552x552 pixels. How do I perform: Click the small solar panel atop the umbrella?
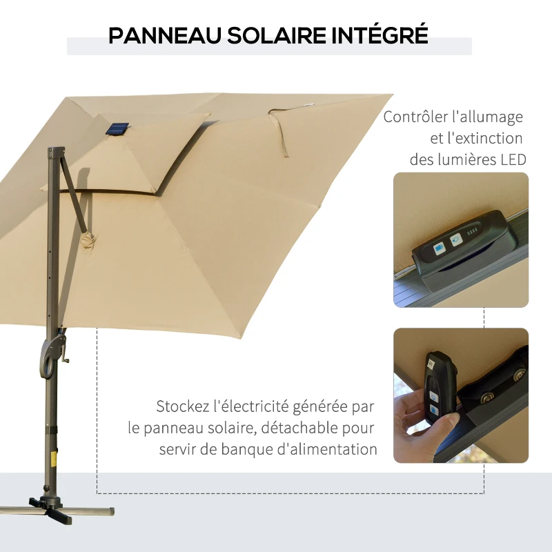[x=118, y=129]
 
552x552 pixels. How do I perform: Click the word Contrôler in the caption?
[x=416, y=117]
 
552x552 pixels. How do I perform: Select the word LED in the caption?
[x=511, y=160]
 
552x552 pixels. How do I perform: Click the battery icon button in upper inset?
[x=439, y=248]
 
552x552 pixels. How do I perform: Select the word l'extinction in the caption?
[x=483, y=139]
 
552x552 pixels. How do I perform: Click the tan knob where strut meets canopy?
[x=87, y=239]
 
